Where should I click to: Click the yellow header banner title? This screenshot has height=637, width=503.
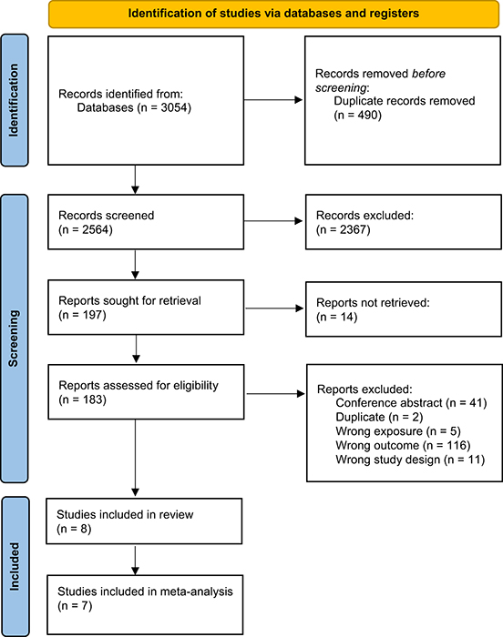[x=273, y=14]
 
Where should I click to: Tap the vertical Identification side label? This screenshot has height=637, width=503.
[x=14, y=100]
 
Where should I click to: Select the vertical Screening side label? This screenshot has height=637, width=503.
[x=14, y=339]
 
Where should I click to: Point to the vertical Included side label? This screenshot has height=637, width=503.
[x=15, y=566]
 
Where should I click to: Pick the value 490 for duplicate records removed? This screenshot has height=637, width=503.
[x=369, y=115]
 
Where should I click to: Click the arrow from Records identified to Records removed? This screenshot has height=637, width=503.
[x=273, y=99]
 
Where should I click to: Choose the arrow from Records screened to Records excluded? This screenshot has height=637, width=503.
[x=273, y=221]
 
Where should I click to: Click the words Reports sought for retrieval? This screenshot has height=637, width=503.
[x=129, y=300]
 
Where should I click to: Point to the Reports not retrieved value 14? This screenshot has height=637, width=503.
[x=347, y=317]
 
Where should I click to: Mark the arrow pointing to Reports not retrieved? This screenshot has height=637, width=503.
[x=274, y=308]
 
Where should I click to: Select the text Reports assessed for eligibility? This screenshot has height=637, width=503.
[x=139, y=385]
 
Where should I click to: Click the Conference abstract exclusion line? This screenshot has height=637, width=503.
[x=411, y=403]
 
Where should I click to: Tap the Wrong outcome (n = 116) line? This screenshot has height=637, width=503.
[x=403, y=445]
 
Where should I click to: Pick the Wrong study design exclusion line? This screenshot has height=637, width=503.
[x=410, y=460]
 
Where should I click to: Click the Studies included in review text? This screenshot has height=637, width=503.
[x=125, y=515]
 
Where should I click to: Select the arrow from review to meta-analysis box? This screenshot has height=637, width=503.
[x=135, y=561]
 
